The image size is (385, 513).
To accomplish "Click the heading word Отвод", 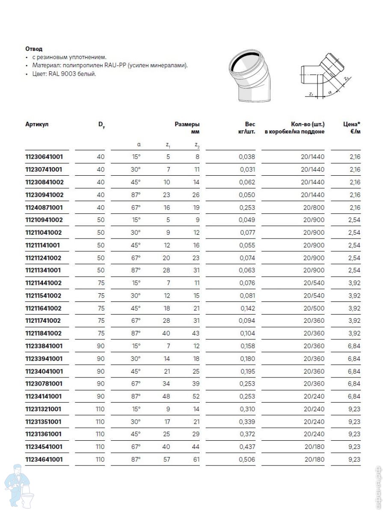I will click(x=34, y=49).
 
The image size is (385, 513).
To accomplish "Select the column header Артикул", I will click(x=37, y=124).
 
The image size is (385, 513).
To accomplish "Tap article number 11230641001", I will click(x=44, y=157).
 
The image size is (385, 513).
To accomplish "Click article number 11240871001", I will click(x=44, y=208).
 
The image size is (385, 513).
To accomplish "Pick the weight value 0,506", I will click(x=247, y=460).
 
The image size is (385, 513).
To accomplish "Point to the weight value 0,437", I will click(x=247, y=447).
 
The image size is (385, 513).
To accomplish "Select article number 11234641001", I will click(x=44, y=460).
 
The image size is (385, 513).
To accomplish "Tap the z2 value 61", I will click(x=196, y=460).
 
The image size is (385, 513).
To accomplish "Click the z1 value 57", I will click(x=166, y=460).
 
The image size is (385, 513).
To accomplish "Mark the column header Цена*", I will click(x=352, y=124).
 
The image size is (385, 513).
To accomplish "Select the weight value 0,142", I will click(x=247, y=308).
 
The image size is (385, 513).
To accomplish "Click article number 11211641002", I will click(x=44, y=308).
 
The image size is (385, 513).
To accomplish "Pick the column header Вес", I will click(x=250, y=124).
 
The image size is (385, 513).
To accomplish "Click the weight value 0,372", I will click(x=247, y=434).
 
